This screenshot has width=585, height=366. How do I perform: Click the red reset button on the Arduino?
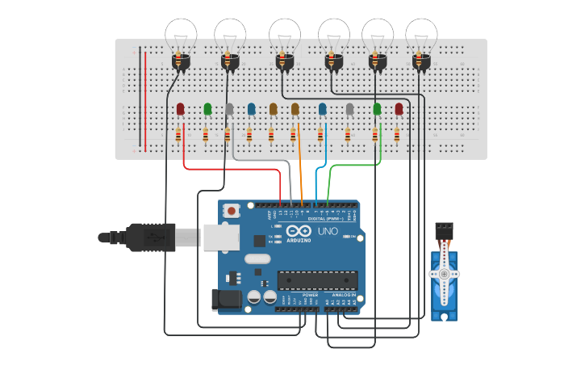(x=232, y=211)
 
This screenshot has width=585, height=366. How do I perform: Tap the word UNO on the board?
(x=328, y=232)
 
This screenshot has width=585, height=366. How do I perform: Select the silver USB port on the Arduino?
(x=220, y=237)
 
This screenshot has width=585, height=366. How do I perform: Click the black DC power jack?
(x=225, y=300)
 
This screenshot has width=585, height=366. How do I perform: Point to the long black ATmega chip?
(x=317, y=280)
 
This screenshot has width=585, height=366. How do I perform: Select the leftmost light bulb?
(x=182, y=36)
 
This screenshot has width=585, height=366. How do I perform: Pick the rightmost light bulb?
(x=421, y=36)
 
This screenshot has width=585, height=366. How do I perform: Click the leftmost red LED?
(x=181, y=108)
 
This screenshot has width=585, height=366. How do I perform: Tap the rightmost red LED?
(x=399, y=108)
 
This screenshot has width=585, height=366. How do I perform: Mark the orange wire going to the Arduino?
(x=300, y=162)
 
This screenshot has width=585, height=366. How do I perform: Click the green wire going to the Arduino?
(x=347, y=166)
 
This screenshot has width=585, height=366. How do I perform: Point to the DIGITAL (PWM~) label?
(x=326, y=218)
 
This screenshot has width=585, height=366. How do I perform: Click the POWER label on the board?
(x=310, y=295)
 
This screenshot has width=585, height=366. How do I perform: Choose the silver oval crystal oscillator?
(x=255, y=259)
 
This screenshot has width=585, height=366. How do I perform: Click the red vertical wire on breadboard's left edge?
(x=146, y=97)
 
